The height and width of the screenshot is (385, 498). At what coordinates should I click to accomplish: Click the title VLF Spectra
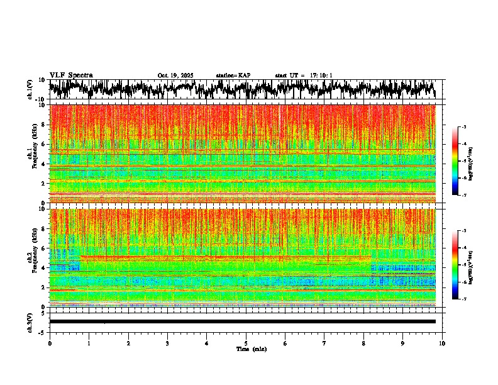point(71,75)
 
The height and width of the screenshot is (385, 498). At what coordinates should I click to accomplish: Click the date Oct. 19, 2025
point(175,75)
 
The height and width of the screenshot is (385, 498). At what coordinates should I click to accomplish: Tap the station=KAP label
point(233,75)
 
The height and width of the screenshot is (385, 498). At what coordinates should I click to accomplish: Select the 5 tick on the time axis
point(246,343)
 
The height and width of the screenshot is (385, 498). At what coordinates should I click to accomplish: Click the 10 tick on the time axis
point(442,343)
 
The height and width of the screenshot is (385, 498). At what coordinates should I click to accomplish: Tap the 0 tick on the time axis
point(50,343)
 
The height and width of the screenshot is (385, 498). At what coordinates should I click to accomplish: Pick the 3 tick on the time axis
point(167,343)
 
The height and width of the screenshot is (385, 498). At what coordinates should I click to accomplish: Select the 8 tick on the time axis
point(363,343)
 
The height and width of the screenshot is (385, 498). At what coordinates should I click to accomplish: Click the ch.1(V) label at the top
point(30,90)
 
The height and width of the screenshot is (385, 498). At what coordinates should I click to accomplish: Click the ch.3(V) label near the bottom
point(30,322)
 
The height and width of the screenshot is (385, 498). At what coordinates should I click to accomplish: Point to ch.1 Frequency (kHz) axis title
point(31,153)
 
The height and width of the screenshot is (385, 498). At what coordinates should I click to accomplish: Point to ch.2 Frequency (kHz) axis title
point(31,257)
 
